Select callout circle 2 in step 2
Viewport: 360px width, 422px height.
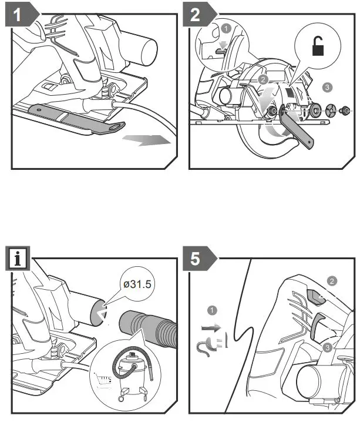tap(263, 79)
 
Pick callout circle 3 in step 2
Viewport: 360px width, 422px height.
tap(327, 87)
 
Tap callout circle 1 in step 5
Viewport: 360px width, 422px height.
tap(213, 309)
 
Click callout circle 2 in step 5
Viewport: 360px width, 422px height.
tap(332, 281)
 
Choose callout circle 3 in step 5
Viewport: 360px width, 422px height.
tap(328, 348)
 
